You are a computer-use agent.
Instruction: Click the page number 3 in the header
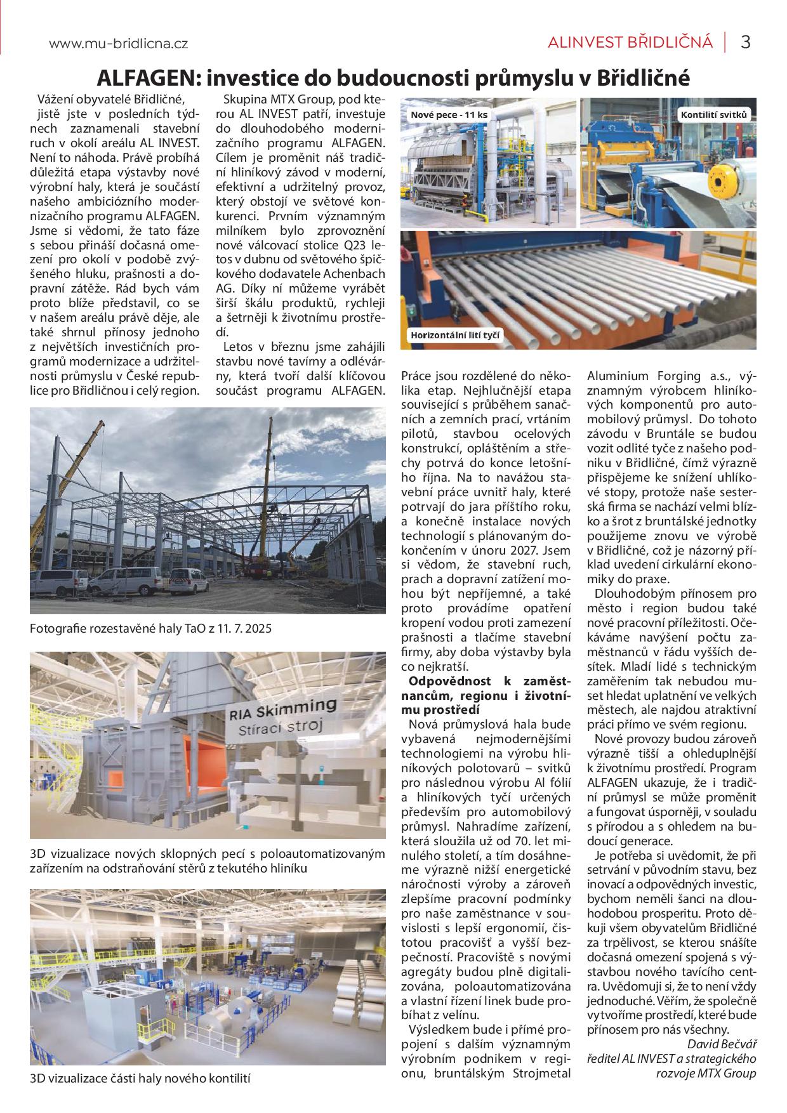[x=746, y=43]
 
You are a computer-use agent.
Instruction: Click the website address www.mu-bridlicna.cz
[x=118, y=44]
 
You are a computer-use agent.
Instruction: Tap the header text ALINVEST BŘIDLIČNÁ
[x=630, y=43]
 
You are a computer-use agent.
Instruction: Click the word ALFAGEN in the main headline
[x=147, y=78]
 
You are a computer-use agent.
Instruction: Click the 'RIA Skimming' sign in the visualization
[x=282, y=706]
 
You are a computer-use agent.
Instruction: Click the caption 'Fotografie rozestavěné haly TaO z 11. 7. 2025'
[x=150, y=629]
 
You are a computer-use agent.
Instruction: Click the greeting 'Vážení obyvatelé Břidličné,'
[x=110, y=99]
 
